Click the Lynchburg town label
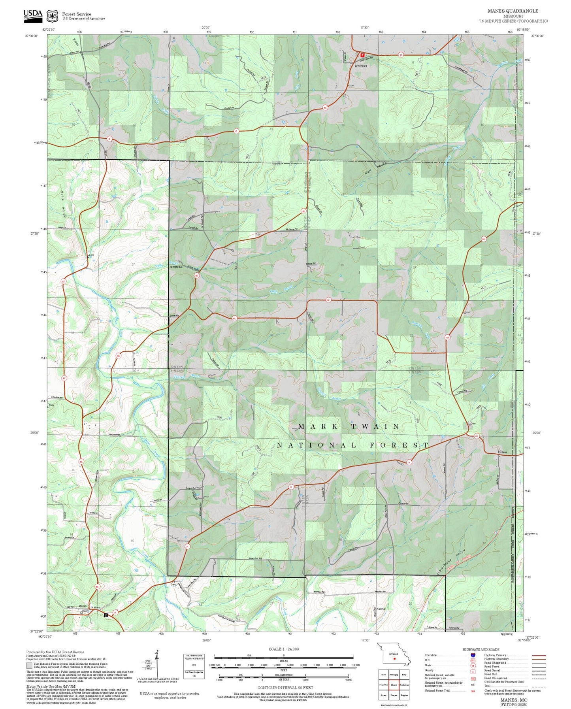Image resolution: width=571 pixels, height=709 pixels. [361, 66]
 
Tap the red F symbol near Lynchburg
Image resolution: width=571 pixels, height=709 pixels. [362, 55]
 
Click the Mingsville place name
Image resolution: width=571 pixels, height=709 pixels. [176, 267]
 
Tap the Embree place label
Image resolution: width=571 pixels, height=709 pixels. [502, 452]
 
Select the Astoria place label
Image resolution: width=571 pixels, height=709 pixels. [381, 609]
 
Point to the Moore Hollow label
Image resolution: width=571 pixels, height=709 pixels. [63, 207]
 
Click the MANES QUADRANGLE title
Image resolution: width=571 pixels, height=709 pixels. [513, 11]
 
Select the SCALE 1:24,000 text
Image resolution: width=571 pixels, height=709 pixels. [284, 649]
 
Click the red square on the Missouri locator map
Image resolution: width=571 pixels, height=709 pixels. [394, 658]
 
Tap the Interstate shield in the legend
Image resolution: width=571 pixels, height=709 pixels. [473, 655]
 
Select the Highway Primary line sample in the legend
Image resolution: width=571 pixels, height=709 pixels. [539, 655]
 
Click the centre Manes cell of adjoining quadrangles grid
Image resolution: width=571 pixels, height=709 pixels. [394, 685]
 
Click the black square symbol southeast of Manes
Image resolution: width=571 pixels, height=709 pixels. [106, 615]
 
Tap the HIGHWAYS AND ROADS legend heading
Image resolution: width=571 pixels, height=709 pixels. [481, 649]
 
